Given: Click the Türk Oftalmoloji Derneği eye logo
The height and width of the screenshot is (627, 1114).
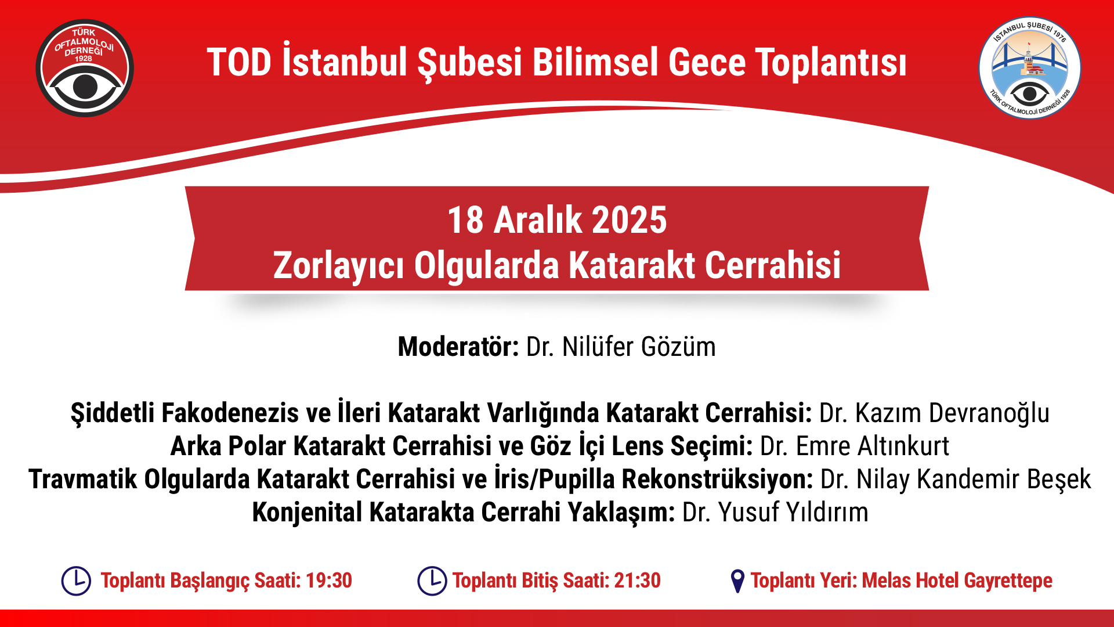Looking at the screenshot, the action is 85,68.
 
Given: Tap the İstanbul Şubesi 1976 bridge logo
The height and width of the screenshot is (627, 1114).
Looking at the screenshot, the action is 1030,67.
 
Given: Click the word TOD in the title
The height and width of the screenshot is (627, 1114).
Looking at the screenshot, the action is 239,62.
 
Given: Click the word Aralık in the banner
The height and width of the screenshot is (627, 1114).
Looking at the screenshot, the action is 537,220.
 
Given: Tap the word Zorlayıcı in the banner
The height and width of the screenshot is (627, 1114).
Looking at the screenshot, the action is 338,266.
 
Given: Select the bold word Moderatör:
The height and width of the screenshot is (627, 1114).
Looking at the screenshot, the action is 458,347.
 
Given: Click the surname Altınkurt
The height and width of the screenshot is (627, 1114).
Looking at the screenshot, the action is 903,446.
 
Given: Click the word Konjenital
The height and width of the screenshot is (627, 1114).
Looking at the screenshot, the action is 307,513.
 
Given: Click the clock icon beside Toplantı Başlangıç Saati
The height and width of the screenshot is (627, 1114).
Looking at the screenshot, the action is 76,581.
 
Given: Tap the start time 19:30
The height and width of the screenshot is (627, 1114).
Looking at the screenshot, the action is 329,581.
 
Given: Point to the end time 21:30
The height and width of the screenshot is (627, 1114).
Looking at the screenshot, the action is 637,581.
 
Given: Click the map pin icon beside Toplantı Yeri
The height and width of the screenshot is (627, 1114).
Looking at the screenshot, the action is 737,581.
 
